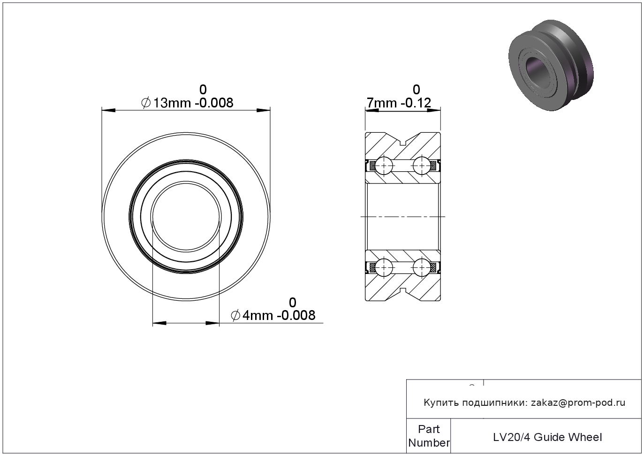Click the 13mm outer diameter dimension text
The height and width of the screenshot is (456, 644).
(187, 103)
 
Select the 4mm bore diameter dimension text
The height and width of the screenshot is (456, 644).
(273, 315)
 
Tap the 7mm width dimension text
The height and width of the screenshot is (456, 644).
(399, 103)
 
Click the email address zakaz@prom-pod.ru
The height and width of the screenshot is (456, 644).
(578, 403)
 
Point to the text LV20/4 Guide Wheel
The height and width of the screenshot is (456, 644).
(547, 437)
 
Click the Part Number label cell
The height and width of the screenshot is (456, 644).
(429, 436)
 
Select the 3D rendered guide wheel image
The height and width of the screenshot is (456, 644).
(551, 65)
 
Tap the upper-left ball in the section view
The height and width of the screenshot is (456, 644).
(384, 166)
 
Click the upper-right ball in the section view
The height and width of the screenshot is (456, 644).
(422, 166)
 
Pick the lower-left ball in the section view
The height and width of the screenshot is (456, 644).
(384, 268)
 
